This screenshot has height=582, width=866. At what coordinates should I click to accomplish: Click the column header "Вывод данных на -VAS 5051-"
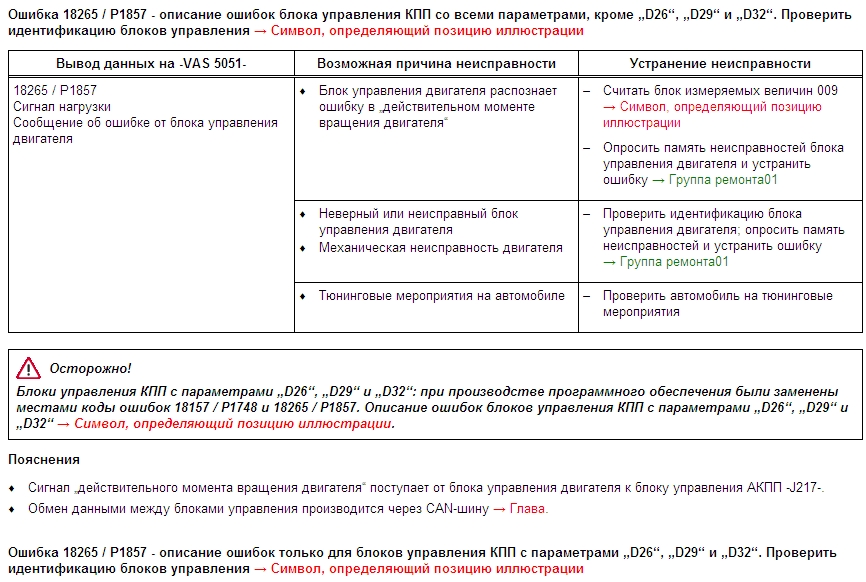tap(150, 63)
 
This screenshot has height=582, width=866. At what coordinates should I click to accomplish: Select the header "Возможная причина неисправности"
tap(436, 63)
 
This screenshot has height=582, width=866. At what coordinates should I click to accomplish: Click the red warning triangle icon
tap(28, 368)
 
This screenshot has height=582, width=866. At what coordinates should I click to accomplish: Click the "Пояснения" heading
tap(44, 460)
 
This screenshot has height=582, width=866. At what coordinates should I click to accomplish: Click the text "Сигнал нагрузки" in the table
tap(62, 106)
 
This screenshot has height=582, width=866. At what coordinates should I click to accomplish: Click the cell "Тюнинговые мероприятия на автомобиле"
tap(441, 296)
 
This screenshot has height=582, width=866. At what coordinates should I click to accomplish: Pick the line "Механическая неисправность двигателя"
tap(440, 247)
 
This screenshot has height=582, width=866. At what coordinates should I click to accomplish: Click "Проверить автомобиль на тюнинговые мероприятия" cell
tap(717, 304)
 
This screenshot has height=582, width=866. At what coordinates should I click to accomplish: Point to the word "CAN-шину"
tap(455, 509)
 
